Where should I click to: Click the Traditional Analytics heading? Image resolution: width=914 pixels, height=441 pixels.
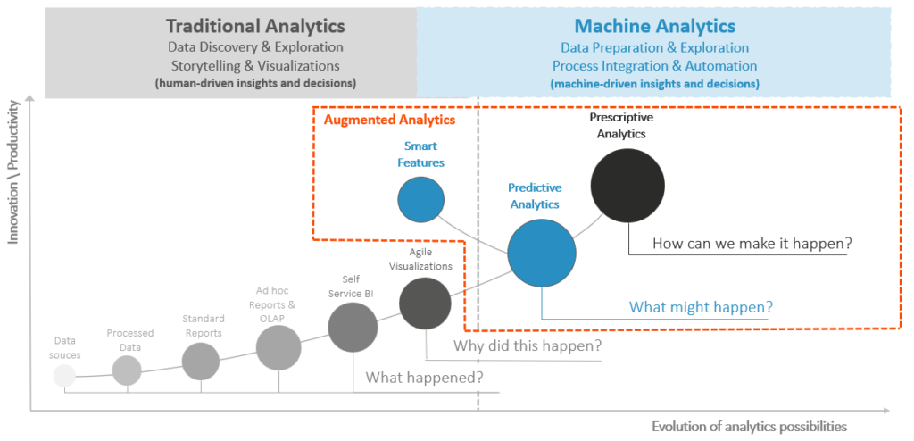pos(254,26)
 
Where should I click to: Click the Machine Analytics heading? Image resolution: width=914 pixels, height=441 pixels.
pos(654,26)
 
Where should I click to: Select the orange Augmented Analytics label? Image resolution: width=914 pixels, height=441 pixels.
pos(389,119)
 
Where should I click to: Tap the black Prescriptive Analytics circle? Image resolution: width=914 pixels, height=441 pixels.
pos(627,185)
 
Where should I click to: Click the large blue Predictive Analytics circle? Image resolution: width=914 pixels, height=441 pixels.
pos(542,253)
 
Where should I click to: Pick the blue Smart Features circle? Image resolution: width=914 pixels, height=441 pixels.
pos(421,197)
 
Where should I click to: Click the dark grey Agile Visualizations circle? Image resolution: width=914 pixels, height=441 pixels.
pos(425,304)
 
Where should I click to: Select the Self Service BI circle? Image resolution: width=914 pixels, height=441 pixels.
pos(353,328)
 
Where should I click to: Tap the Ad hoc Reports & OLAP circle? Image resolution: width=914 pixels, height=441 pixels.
pos(278,347)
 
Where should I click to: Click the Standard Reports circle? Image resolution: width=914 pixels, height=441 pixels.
pos(201,361)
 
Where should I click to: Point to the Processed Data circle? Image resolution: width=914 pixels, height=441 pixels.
pos(127,370)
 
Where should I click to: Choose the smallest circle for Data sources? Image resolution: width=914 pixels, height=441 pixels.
pos(64,375)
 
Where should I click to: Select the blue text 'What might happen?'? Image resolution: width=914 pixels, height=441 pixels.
pos(701,306)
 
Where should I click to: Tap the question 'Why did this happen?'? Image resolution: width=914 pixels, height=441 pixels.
pos(528,345)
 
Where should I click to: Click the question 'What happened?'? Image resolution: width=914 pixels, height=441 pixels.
pos(424,377)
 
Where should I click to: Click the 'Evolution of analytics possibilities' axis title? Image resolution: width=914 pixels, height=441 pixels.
pos(749,426)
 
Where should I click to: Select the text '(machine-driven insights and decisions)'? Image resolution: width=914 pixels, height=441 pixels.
pos(654,84)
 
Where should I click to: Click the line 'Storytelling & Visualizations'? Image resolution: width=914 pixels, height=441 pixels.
pos(254,65)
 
